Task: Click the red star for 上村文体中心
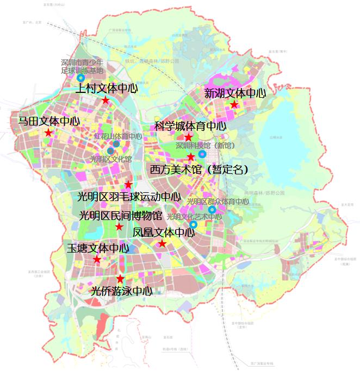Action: pyautogui.click(x=105, y=100)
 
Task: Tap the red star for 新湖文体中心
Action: pyautogui.click(x=234, y=104)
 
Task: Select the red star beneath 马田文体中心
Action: pyautogui.click(x=48, y=133)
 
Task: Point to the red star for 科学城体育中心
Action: pyautogui.click(x=188, y=137)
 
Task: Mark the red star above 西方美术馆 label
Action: pyautogui.click(x=191, y=157)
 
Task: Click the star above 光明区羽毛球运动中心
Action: pyautogui.click(x=128, y=185)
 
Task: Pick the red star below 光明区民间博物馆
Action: pyautogui.click(x=119, y=226)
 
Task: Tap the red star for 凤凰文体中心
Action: pyautogui.click(x=162, y=244)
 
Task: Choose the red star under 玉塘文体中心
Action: pyautogui.click(x=97, y=260)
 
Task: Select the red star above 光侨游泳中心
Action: pyautogui.click(x=120, y=279)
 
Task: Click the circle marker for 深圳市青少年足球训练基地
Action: pyautogui.click(x=81, y=78)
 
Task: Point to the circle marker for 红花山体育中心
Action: pyautogui.click(x=116, y=144)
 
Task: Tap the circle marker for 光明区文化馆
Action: pyautogui.click(x=111, y=151)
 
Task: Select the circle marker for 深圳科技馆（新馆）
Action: pyautogui.click(x=202, y=154)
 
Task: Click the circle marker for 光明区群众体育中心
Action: pyautogui.click(x=212, y=210)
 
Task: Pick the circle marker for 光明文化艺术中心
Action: pyautogui.click(x=193, y=224)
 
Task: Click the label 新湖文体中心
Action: pyautogui.click(x=235, y=93)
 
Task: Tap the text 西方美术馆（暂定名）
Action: pyautogui.click(x=200, y=169)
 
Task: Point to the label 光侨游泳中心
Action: pyautogui.click(x=121, y=291)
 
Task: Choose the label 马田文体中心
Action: pyautogui.click(x=49, y=121)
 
